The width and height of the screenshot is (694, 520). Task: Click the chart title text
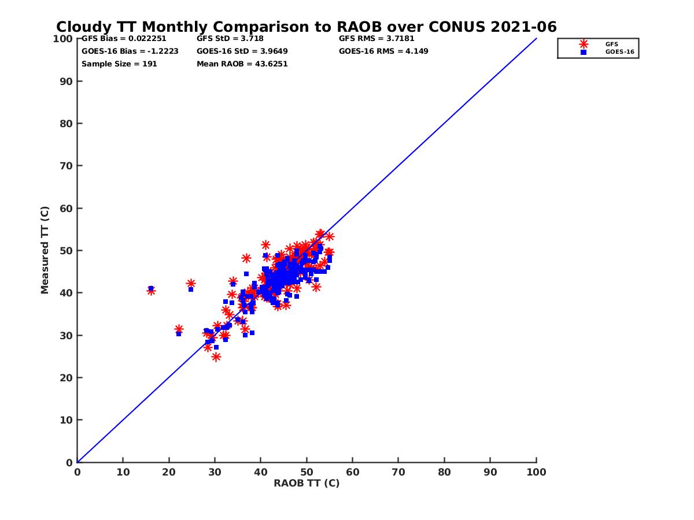click(306, 27)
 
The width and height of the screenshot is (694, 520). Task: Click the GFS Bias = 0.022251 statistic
click(124, 39)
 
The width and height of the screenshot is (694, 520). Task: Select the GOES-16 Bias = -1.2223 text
click(130, 51)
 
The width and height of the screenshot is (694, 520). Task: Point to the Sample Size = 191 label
click(119, 64)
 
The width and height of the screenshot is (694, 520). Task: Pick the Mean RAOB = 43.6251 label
click(242, 64)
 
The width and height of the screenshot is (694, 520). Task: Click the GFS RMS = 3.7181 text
click(376, 39)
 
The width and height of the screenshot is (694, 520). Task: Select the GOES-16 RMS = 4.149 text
click(383, 51)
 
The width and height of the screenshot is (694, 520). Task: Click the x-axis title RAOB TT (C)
click(307, 483)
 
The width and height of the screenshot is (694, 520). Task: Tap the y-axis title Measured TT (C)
click(45, 251)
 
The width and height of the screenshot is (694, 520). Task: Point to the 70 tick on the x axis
click(398, 471)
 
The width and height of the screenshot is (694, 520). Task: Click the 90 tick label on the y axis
click(67, 81)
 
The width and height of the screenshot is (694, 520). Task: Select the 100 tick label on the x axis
click(536, 471)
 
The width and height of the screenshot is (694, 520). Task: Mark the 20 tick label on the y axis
click(67, 378)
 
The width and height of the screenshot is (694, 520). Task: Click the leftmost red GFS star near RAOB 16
click(151, 291)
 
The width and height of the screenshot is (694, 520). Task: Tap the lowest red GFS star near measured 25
click(216, 357)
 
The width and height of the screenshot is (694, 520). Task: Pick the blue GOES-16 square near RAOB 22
click(179, 334)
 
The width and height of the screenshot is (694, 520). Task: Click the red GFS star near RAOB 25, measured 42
click(191, 283)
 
